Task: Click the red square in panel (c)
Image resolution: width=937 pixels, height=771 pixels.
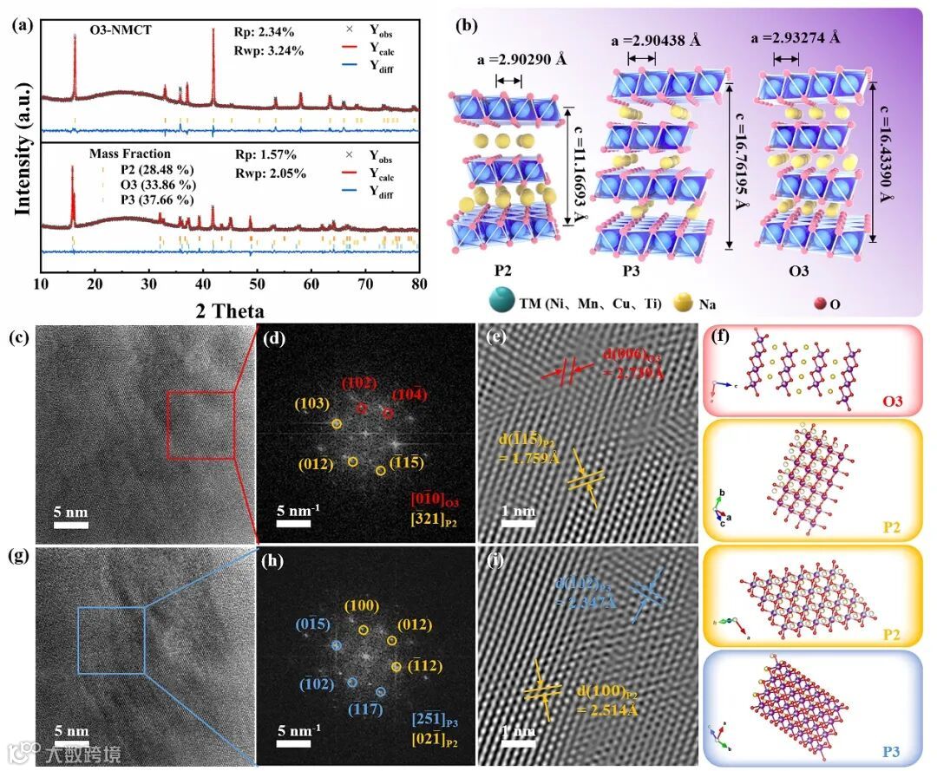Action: (x=200, y=425)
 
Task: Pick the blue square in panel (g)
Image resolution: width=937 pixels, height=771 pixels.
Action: (x=111, y=640)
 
